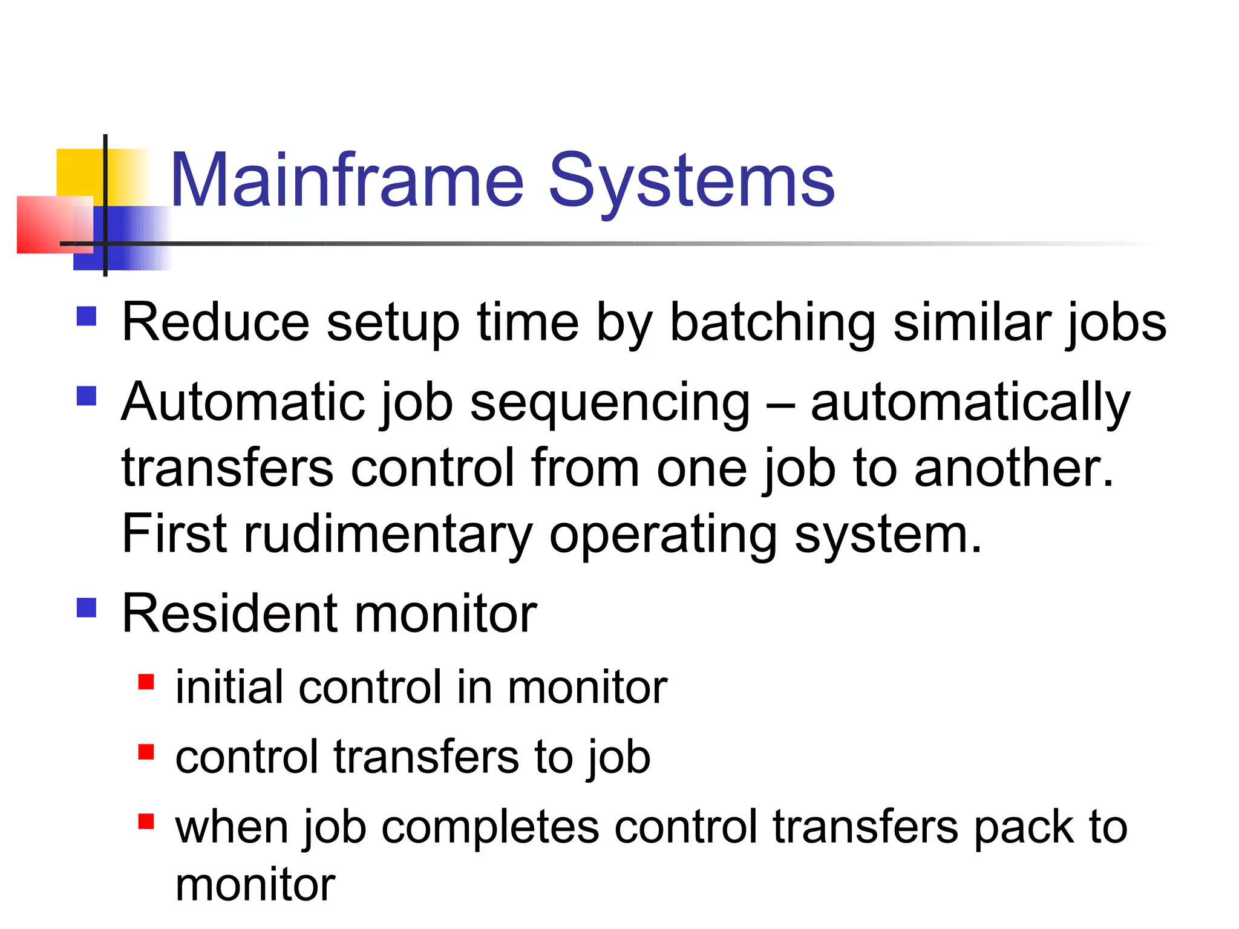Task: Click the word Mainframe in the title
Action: tap(347, 180)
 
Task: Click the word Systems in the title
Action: tap(691, 180)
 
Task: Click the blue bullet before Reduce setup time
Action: tap(87, 316)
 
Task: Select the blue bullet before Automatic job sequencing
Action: tap(87, 396)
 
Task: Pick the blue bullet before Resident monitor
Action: tap(87, 607)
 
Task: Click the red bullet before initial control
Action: tap(146, 682)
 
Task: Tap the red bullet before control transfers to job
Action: tap(146, 751)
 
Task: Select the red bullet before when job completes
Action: tap(146, 821)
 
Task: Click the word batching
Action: tap(773, 324)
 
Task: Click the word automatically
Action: tap(970, 403)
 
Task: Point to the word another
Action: tap(1013, 469)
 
